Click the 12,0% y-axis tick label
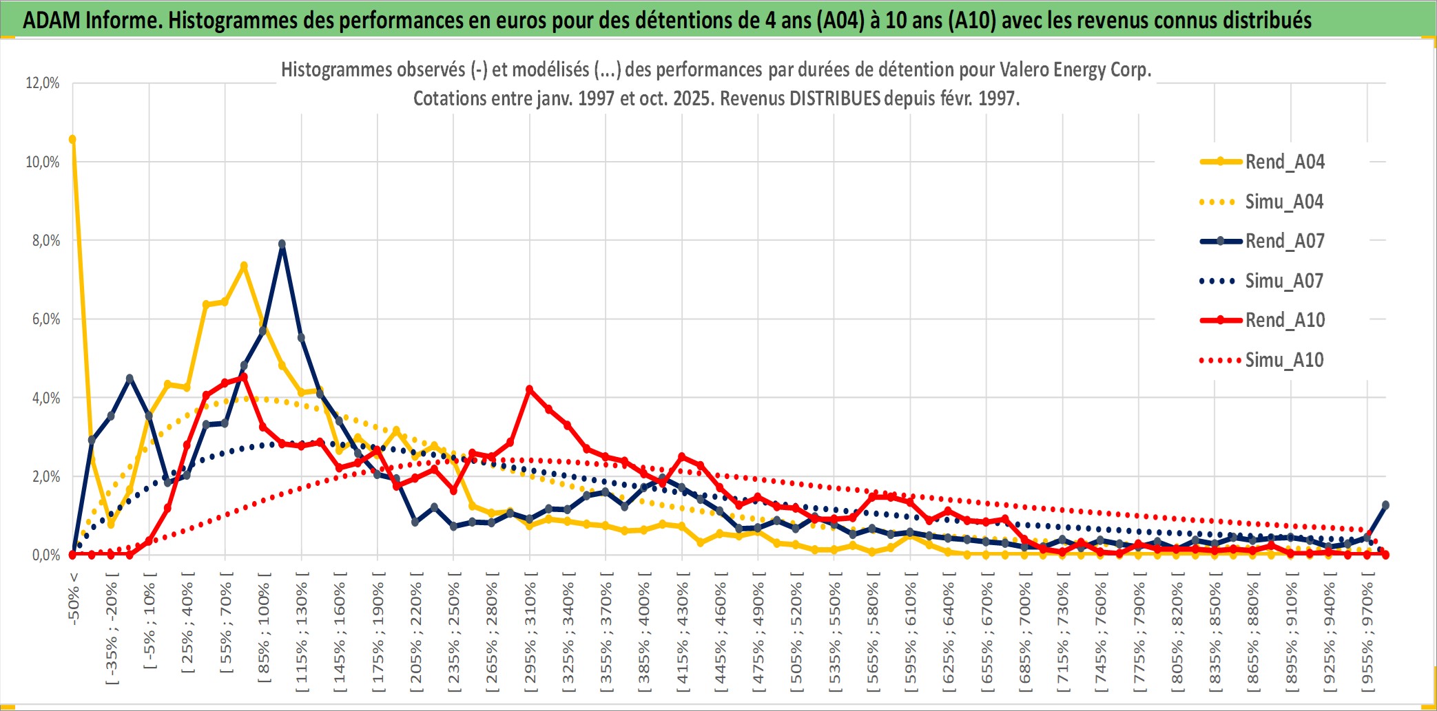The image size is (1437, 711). tap(43, 83)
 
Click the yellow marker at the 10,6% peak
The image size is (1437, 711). tap(72, 139)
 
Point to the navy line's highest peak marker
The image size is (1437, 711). tap(282, 244)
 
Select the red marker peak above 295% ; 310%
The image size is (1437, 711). tap(529, 390)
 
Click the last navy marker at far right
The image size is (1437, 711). tap(1385, 505)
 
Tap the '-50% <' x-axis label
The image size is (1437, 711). tap(74, 599)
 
